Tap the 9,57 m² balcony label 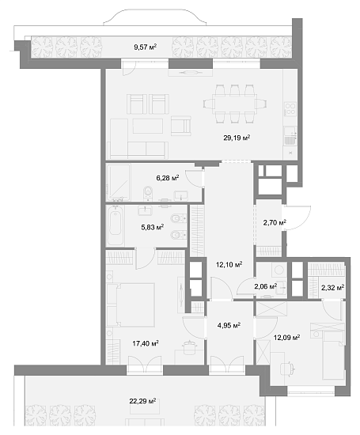(x=145, y=47)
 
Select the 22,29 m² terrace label (x=142, y=402)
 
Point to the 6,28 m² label (x=167, y=178)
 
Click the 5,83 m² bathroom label (x=153, y=228)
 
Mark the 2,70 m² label (x=274, y=224)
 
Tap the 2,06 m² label (x=265, y=286)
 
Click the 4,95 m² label (x=228, y=323)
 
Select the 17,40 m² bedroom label (x=146, y=343)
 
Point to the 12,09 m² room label (x=286, y=339)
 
